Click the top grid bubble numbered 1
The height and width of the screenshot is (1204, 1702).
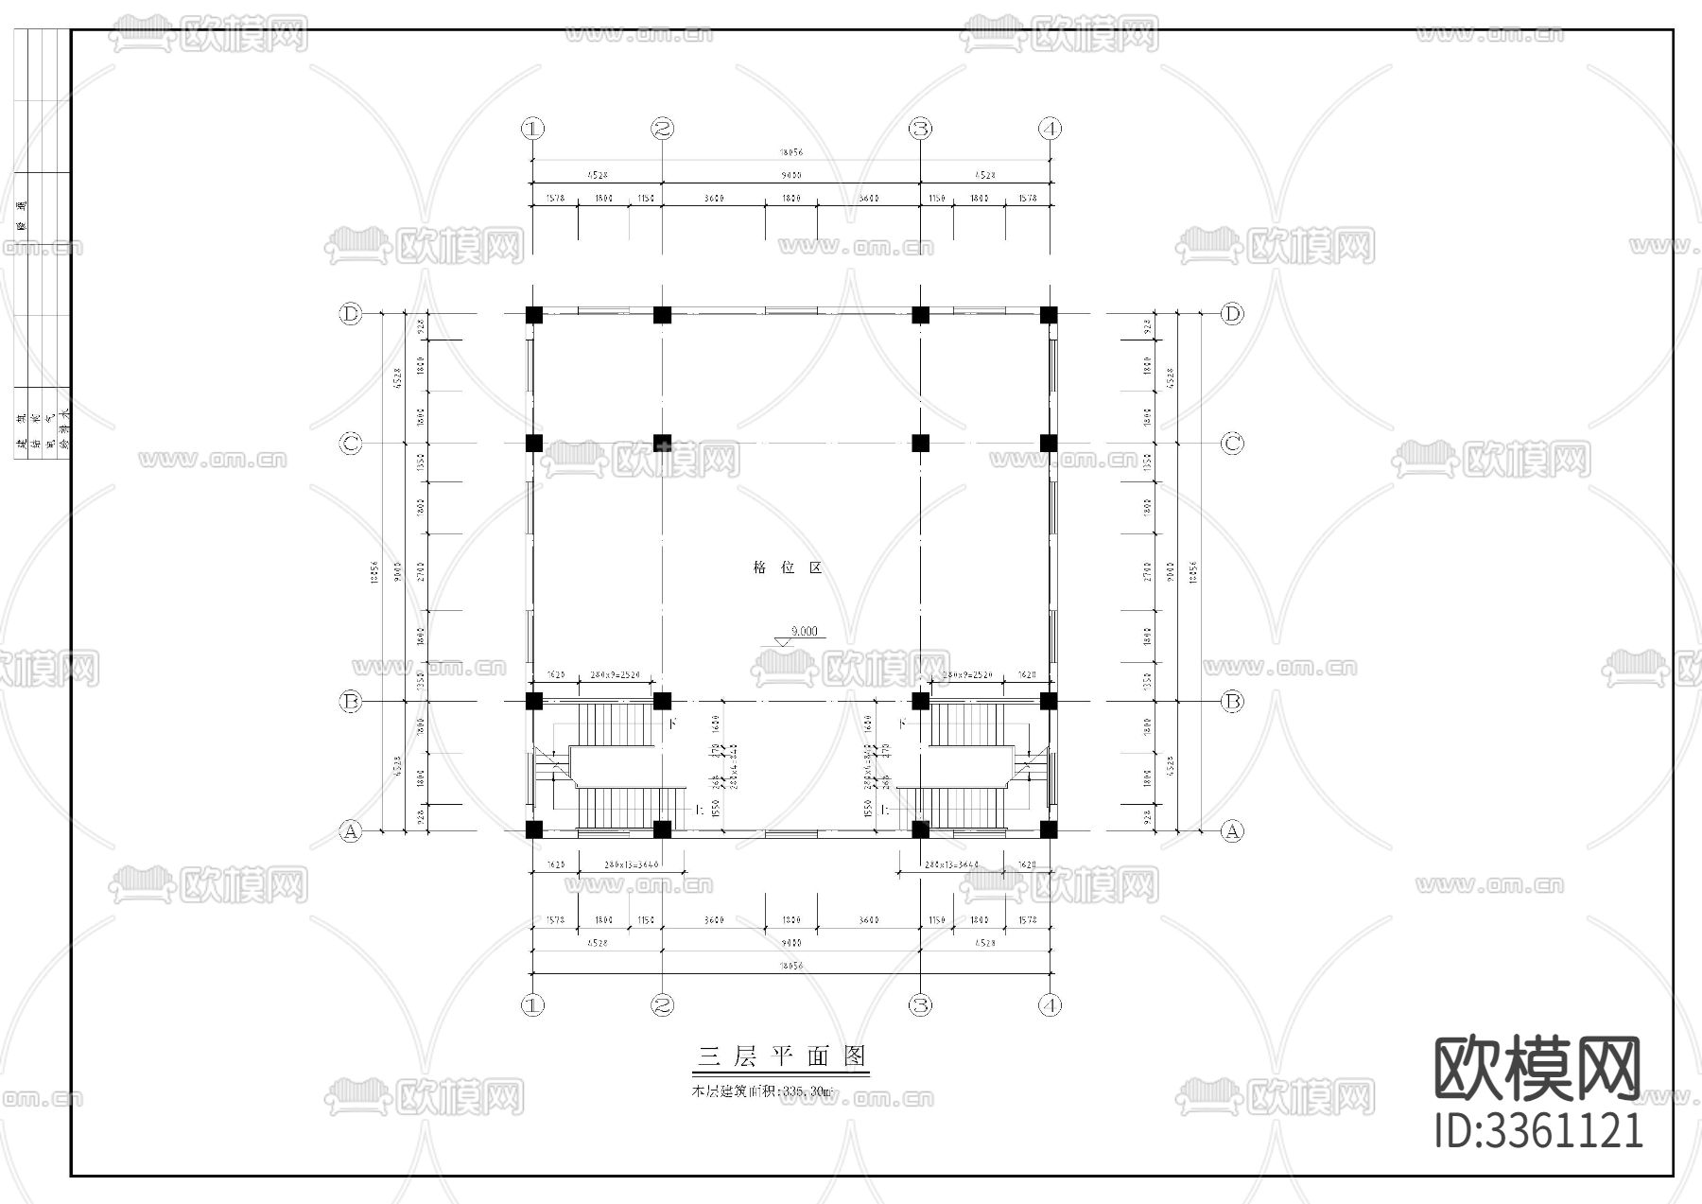[533, 129]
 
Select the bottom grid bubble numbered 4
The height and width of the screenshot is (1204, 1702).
[1049, 1004]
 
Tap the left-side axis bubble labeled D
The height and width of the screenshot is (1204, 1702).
[351, 314]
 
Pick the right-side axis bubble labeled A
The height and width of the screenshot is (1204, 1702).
[1231, 831]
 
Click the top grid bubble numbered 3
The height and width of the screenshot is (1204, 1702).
[920, 129]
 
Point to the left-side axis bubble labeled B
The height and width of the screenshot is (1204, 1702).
[351, 702]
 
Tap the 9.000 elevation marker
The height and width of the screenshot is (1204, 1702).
[802, 632]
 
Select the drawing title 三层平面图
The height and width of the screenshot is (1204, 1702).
[781, 1056]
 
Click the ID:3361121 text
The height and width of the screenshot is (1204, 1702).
[1538, 1131]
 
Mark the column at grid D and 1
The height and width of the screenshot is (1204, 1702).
[534, 314]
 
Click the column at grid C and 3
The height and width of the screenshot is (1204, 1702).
[920, 443]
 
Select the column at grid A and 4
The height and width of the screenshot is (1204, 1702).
[1048, 829]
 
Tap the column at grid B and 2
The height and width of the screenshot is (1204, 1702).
[662, 702]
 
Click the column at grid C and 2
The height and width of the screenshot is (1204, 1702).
[662, 443]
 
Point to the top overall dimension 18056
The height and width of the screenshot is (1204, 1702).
[790, 151]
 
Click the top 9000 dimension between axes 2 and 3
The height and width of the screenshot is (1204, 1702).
[790, 175]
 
